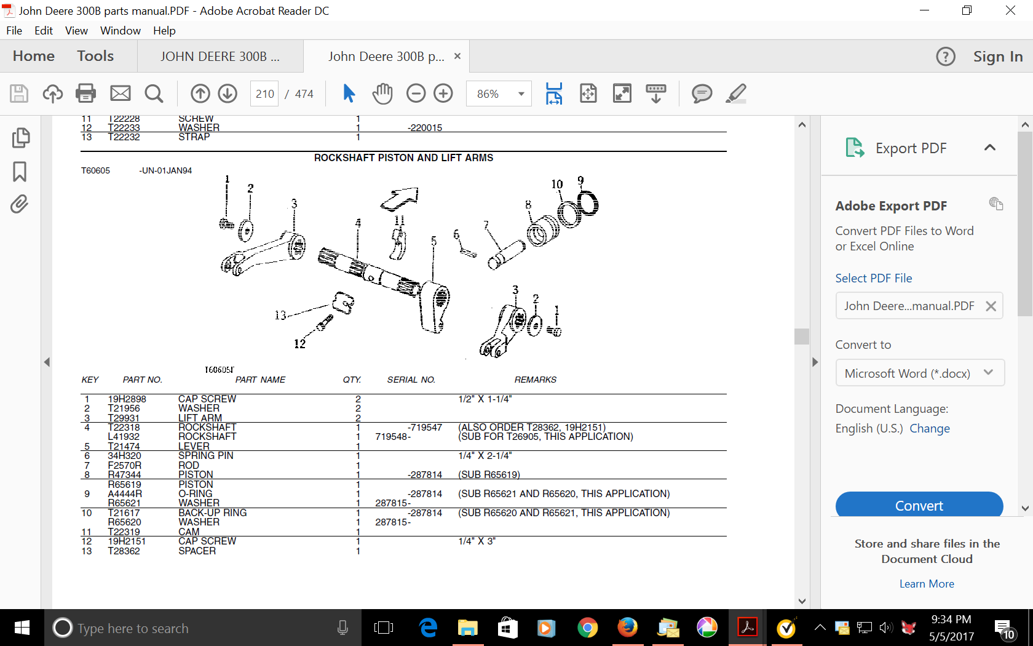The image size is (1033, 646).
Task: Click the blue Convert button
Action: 919,505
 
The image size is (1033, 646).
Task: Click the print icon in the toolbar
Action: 86,94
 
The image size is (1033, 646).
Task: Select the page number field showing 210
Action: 264,94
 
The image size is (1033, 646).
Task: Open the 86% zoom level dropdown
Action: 499,94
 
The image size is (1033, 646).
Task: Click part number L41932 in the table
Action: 124,437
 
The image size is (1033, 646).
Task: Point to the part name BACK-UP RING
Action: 213,512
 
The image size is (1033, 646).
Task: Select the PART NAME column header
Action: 260,380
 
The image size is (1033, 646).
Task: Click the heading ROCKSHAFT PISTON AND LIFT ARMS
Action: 403,158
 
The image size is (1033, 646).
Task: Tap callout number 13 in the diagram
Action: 280,315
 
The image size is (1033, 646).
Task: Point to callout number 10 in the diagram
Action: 557,184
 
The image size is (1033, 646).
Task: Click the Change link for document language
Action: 929,428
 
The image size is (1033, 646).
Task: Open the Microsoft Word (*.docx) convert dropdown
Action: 920,373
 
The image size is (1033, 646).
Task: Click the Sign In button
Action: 998,57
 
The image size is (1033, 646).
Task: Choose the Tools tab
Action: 95,56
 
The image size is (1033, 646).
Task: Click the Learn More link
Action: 927,584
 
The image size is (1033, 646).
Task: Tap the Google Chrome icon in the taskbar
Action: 587,628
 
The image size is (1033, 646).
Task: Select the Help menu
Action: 164,31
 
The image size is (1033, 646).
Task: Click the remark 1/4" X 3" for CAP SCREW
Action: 477,541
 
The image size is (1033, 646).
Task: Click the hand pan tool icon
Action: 382,94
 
